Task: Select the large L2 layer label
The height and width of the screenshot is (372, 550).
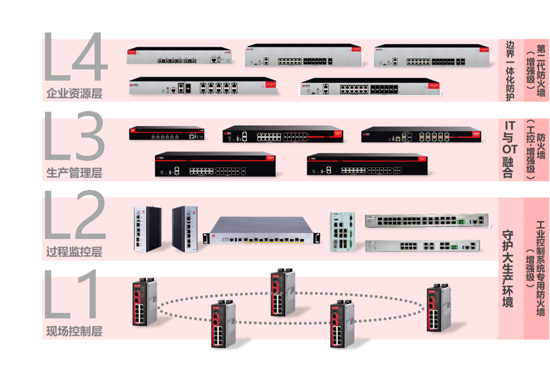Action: (74, 215)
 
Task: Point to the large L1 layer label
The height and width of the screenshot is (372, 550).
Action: (71, 295)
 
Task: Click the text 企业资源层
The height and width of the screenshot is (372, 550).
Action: (74, 94)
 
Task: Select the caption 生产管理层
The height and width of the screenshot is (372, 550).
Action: (74, 173)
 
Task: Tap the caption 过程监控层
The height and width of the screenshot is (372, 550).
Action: (74, 252)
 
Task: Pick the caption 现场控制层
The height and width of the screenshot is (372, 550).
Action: (74, 332)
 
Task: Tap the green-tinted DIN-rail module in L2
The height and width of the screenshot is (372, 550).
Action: (341, 231)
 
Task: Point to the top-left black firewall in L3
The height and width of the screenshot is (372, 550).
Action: (167, 134)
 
